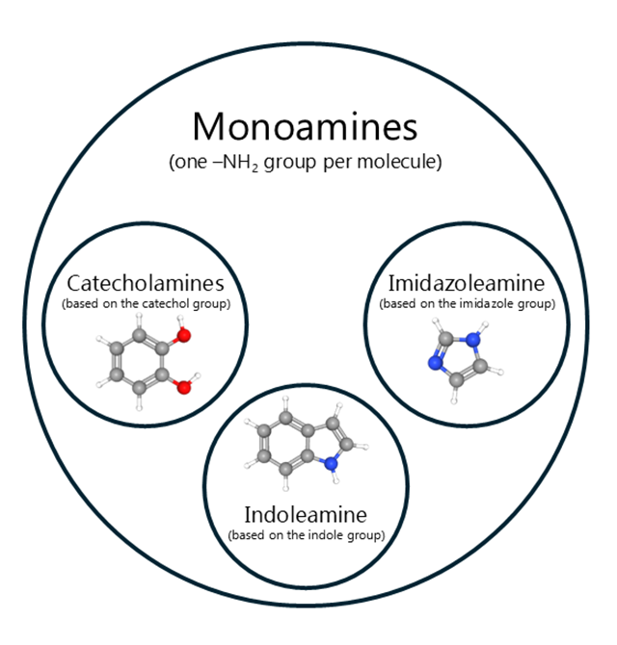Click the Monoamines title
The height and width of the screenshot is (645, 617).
point(304,126)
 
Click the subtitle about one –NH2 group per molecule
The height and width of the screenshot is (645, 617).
point(305,161)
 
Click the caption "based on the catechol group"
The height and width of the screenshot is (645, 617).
point(146,303)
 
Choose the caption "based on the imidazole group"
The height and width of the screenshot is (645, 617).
point(466,303)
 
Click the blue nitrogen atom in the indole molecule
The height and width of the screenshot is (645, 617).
point(332,463)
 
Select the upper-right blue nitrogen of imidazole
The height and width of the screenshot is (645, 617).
point(473,338)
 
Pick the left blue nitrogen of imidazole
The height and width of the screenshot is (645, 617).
point(434,364)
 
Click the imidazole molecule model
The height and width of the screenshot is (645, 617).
point(459,356)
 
